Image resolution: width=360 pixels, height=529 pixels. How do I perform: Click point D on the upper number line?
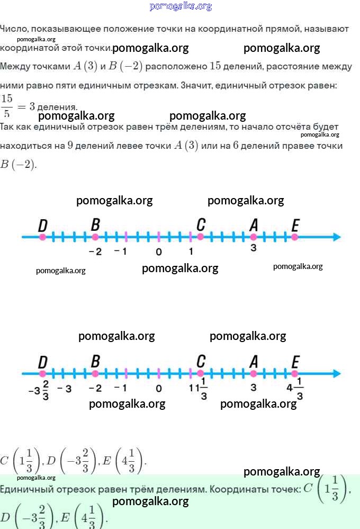(x=42, y=237)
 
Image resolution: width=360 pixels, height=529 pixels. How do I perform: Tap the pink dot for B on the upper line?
(x=95, y=237)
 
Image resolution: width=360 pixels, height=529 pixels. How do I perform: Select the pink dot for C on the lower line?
(x=201, y=373)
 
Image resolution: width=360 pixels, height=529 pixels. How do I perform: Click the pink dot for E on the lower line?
(x=294, y=373)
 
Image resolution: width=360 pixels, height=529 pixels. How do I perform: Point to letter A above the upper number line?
(x=254, y=225)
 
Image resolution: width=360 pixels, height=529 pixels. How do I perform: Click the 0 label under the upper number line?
(x=159, y=252)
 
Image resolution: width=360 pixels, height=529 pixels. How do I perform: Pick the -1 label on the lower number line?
(x=121, y=388)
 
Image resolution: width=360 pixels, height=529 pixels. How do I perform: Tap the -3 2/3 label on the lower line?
(x=39, y=390)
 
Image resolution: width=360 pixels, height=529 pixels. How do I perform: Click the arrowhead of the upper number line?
(x=337, y=237)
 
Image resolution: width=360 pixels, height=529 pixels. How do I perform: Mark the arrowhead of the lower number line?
(x=337, y=373)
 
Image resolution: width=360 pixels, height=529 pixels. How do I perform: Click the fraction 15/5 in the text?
(x=7, y=106)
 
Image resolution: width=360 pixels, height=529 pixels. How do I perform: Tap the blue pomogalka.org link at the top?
(x=181, y=6)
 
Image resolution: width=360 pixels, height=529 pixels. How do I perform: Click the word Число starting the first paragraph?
(x=13, y=29)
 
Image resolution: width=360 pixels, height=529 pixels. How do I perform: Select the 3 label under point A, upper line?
(x=254, y=248)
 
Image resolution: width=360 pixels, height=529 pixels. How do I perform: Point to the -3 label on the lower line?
(x=64, y=389)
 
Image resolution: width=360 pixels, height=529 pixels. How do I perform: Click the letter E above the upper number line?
(x=295, y=226)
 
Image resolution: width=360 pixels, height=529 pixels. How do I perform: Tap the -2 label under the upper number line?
(x=95, y=252)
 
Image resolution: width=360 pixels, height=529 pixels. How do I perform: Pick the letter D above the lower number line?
(x=43, y=362)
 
